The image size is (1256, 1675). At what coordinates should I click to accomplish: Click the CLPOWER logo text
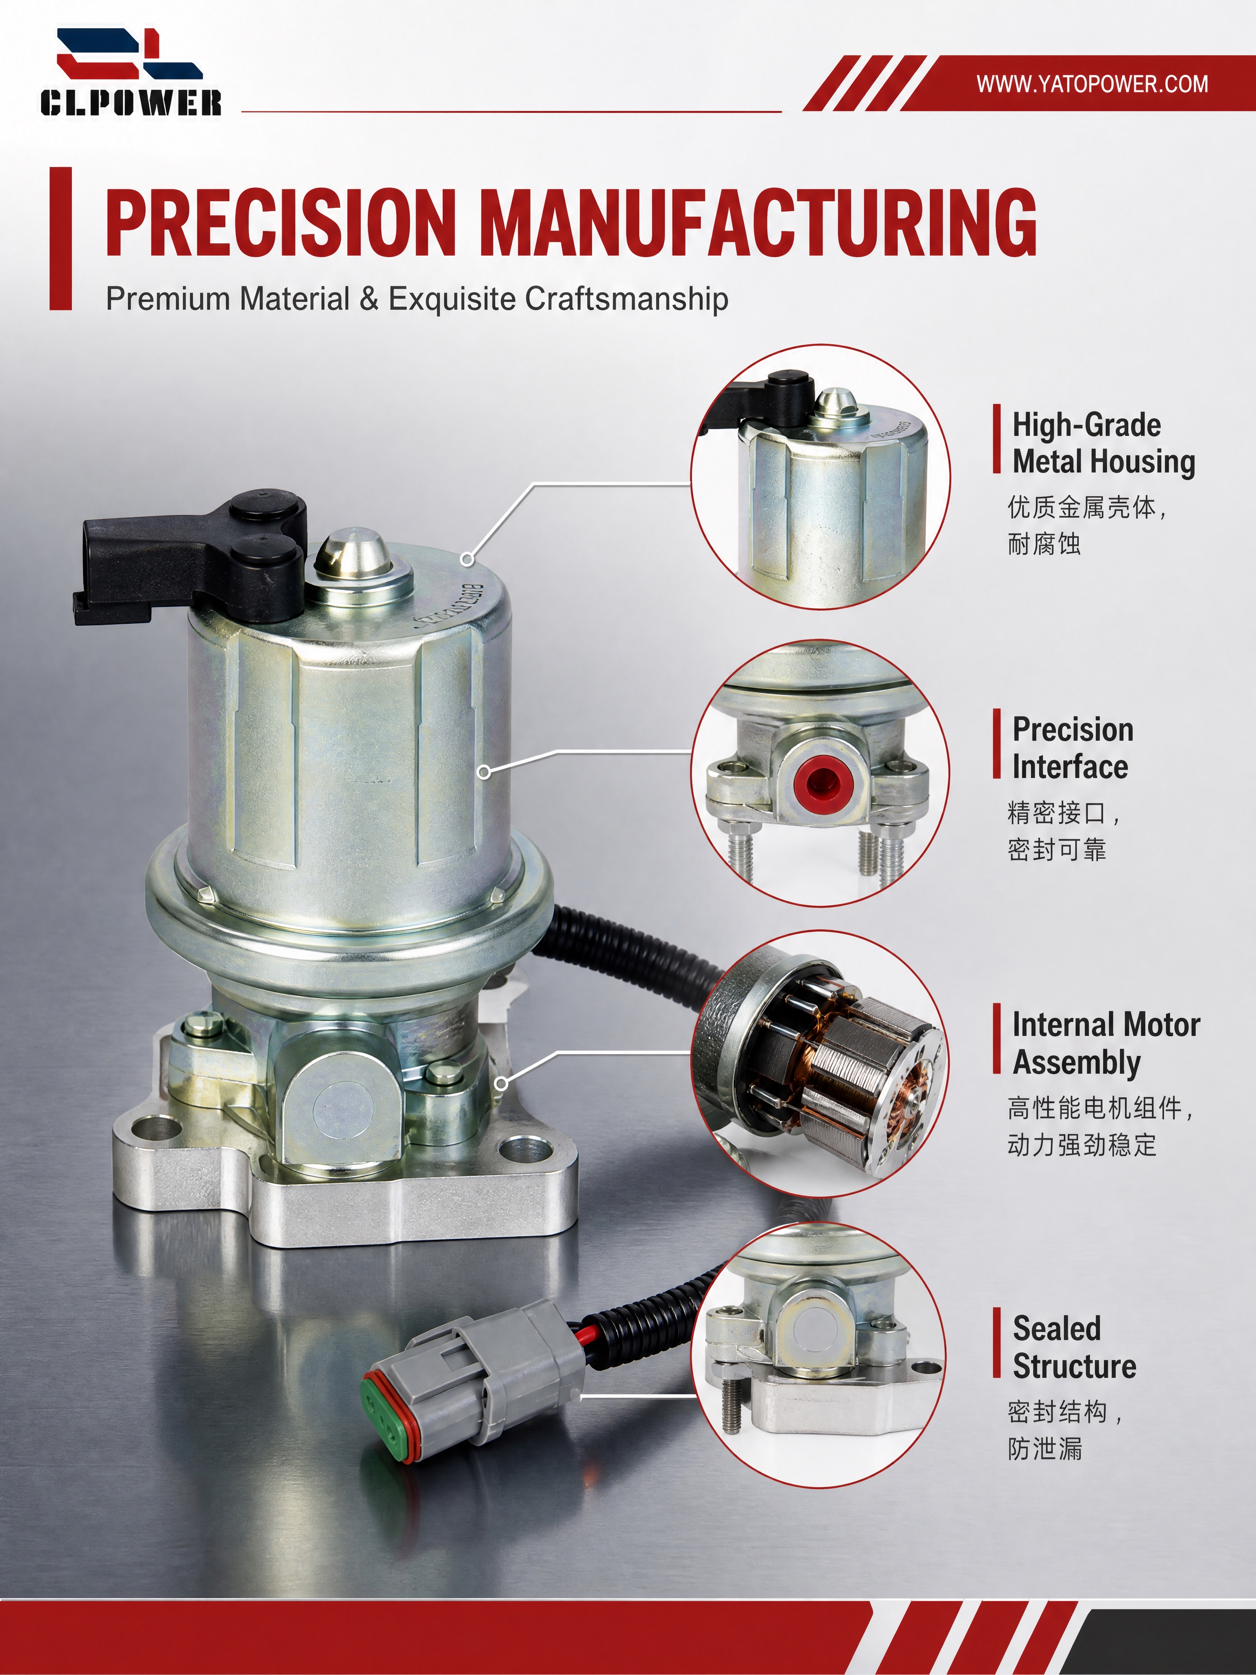tap(131, 102)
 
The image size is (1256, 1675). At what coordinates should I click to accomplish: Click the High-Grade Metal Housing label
tap(1104, 443)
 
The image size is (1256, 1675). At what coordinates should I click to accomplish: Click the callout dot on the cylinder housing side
tap(484, 772)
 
